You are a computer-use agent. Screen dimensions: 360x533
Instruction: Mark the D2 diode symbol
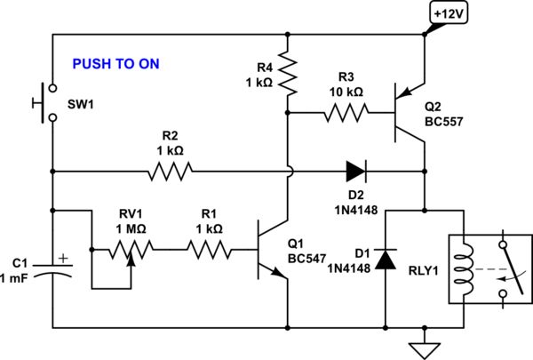355,170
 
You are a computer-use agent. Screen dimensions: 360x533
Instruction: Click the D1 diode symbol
385,259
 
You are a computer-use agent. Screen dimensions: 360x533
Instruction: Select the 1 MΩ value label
130,230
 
